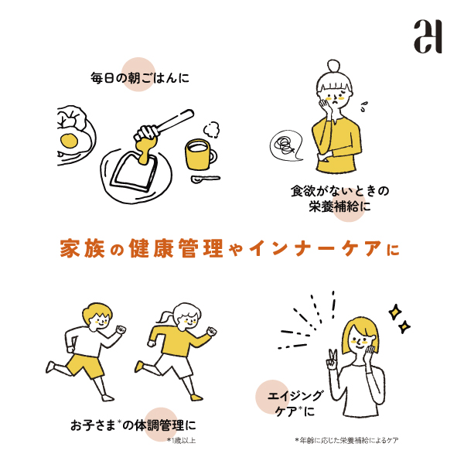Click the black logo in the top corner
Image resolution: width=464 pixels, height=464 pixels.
click(428, 36)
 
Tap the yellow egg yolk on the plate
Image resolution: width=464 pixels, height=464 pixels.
click(70, 141)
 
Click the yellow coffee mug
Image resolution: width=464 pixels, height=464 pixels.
click(200, 155)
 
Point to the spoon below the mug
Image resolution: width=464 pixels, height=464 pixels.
click(205, 179)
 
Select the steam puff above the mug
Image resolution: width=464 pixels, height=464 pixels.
click(212, 129)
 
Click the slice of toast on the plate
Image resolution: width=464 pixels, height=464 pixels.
click(135, 172)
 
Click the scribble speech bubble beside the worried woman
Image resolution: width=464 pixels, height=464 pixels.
click(286, 145)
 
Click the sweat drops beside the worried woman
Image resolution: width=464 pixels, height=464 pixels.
click(363, 107)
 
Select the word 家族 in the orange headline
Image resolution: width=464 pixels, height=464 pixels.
click(83, 248)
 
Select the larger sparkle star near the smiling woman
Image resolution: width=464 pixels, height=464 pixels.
click(395, 312)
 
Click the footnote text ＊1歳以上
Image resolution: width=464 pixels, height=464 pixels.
click(181, 440)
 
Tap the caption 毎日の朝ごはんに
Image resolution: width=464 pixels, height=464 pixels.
click(140, 78)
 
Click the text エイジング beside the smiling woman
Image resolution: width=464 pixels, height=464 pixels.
click(295, 396)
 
